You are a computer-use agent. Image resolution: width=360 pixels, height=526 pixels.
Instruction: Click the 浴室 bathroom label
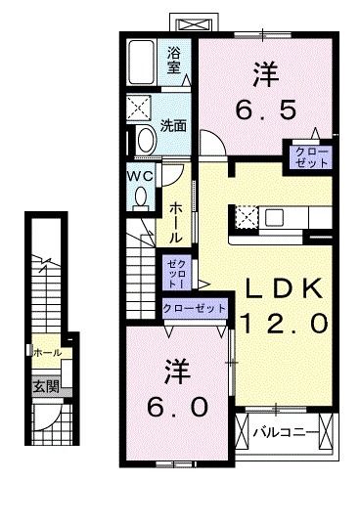(174, 60)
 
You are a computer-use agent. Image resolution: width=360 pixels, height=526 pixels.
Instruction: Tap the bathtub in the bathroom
(142, 63)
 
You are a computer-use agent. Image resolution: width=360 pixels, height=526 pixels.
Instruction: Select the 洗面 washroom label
(173, 125)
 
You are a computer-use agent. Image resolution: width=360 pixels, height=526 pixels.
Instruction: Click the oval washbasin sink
(147, 141)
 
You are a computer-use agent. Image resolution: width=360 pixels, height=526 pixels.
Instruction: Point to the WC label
(140, 176)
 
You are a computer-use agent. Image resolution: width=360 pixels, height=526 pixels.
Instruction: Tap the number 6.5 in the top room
(266, 110)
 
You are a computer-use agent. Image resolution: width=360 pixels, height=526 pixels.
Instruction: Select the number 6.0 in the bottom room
(177, 407)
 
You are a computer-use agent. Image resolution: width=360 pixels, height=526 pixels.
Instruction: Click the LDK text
(284, 288)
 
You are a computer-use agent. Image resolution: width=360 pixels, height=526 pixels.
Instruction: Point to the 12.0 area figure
(284, 323)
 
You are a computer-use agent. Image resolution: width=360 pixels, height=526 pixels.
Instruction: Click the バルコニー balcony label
(285, 432)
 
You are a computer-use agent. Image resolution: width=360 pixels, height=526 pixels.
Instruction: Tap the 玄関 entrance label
(46, 387)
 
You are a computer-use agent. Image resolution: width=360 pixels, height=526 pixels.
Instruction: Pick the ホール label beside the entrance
(48, 353)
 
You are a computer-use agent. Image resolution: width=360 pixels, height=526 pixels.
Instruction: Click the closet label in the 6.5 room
(311, 157)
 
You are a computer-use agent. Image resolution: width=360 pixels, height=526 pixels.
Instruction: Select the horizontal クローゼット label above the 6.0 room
(194, 308)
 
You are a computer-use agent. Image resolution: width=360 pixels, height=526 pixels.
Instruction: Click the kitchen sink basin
(275, 217)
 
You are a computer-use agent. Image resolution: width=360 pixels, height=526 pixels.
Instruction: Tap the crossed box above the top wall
(195, 24)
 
